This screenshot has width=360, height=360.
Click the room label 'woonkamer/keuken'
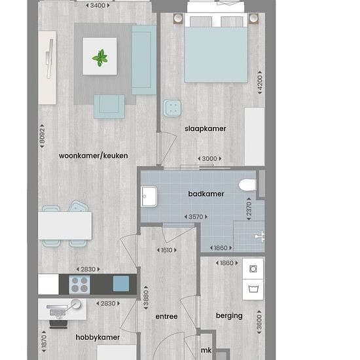point(93,156)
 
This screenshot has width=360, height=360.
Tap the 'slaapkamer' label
point(206,128)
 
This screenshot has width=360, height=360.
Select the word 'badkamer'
point(206,194)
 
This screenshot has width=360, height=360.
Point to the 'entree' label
point(166,316)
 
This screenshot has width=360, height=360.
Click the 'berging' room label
point(229,316)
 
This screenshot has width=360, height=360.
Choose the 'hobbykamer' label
point(98,337)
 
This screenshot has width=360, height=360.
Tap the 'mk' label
point(206,350)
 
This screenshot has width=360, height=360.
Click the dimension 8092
point(42,136)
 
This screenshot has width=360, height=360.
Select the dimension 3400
point(98,5)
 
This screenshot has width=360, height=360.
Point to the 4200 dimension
point(260,82)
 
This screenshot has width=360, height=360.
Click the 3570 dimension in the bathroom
point(196,217)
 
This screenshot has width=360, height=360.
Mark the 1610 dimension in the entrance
point(167,250)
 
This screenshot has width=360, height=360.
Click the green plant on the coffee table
point(100,58)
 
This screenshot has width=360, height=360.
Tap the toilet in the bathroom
point(247,185)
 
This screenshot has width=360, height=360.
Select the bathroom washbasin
point(149,196)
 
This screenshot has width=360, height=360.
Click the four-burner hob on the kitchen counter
point(79,285)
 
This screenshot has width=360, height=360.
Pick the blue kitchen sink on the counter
point(121,283)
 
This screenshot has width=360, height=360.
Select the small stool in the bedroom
point(172,108)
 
